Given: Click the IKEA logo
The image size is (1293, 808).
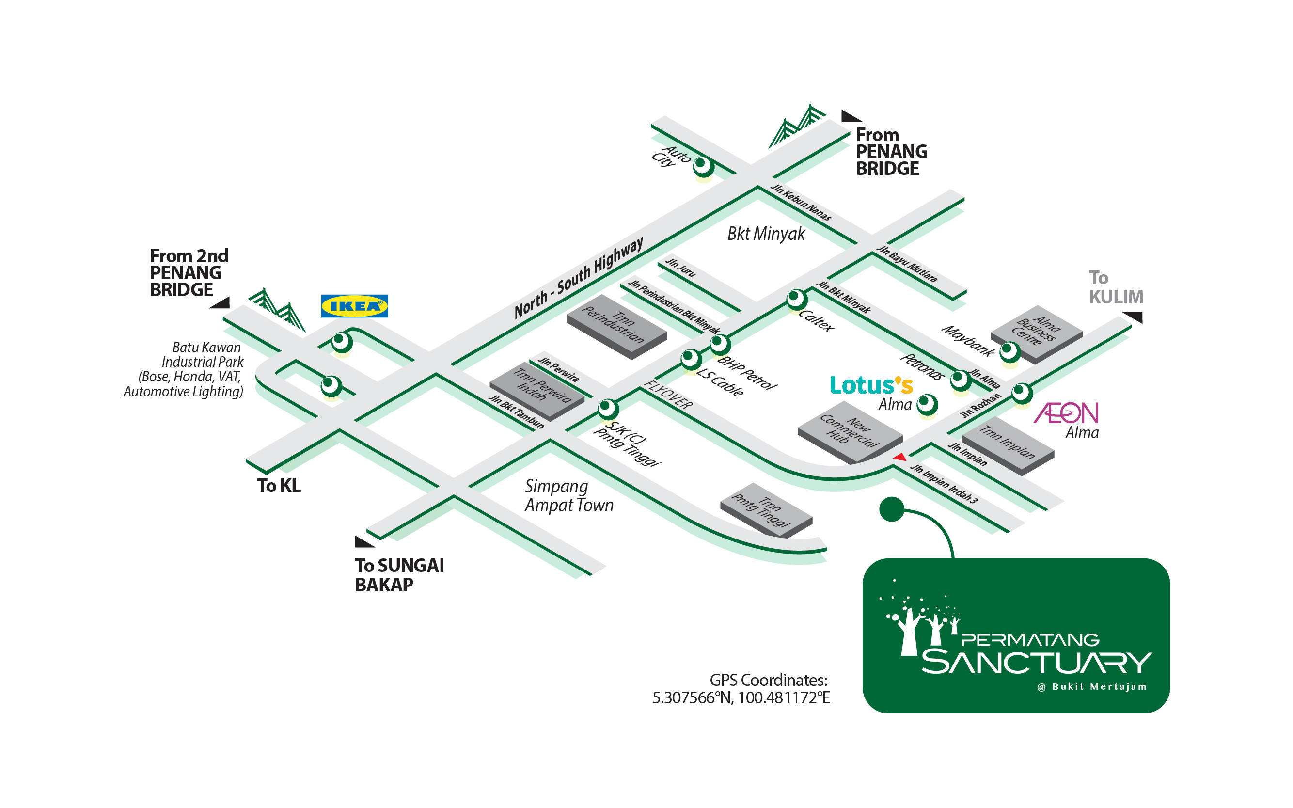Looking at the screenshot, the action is (x=354, y=306).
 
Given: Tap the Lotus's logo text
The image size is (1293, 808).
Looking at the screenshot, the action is (x=871, y=385).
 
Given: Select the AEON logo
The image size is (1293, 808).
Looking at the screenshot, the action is (x=1066, y=412).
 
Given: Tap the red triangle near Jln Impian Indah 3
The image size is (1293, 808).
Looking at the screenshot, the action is (x=900, y=457).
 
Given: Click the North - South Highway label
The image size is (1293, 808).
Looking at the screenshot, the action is (x=579, y=278).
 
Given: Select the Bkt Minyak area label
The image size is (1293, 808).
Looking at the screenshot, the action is (x=766, y=234).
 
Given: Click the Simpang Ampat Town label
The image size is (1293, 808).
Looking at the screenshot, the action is (x=569, y=495).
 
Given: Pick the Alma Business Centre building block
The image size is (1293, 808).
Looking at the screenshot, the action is (x=1037, y=334).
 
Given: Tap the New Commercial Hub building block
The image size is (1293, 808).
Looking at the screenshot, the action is (x=850, y=432).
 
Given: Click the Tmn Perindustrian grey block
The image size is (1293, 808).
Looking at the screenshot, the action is (x=616, y=327).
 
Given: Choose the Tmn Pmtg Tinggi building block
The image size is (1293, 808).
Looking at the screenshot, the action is (x=766, y=510).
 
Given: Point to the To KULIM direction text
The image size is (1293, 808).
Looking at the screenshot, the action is (x=1116, y=287).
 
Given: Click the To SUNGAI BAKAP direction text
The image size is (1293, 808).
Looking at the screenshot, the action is (x=400, y=575).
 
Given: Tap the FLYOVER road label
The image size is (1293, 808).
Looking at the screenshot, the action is (x=668, y=395).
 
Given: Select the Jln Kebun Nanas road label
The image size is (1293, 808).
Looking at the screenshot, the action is (x=801, y=202).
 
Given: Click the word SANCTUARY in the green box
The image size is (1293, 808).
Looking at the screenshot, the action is (x=1037, y=662).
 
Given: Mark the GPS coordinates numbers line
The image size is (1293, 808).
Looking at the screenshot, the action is (x=741, y=698).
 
